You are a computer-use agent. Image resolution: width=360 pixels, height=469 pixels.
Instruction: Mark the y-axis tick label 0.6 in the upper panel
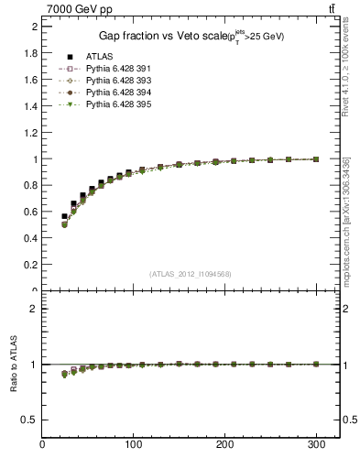(31, 212)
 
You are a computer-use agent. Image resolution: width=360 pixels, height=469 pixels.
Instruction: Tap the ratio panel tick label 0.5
(31, 420)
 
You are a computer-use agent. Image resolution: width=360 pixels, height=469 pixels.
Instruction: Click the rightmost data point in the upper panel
(316, 159)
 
